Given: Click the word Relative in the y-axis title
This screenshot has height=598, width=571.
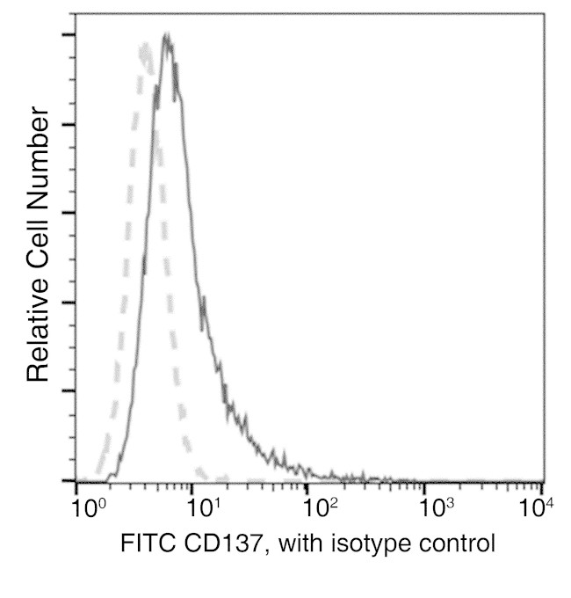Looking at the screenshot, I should pyautogui.click(x=37, y=325).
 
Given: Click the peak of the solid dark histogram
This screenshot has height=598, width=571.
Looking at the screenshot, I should pyautogui.click(x=166, y=36).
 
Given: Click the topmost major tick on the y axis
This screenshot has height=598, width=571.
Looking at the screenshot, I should pyautogui.click(x=67, y=34).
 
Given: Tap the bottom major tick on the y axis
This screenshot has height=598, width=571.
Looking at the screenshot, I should pyautogui.click(x=67, y=481).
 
